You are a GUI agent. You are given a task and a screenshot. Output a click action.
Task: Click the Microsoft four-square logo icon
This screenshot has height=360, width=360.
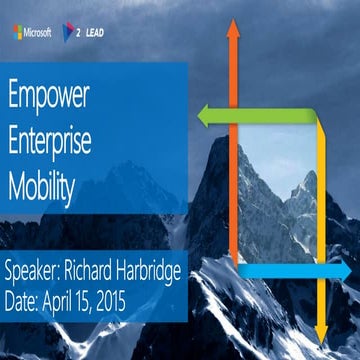coord(18,32)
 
